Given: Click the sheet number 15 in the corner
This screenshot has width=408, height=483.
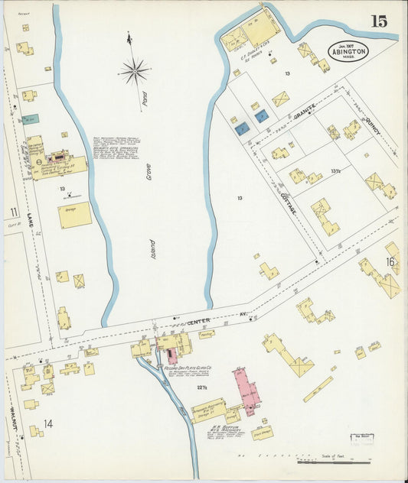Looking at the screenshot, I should pyautogui.click(x=378, y=21).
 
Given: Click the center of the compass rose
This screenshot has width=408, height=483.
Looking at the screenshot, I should pyautogui.click(x=134, y=72).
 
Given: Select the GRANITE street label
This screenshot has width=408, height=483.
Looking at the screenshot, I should pyautogui.click(x=304, y=112).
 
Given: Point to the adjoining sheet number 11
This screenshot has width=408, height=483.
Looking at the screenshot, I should pyautogui.click(x=13, y=212).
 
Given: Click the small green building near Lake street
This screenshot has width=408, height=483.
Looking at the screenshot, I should pyautogui.click(x=30, y=119).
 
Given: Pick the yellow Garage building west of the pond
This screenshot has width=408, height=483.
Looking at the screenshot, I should pyautogui.click(x=74, y=216).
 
